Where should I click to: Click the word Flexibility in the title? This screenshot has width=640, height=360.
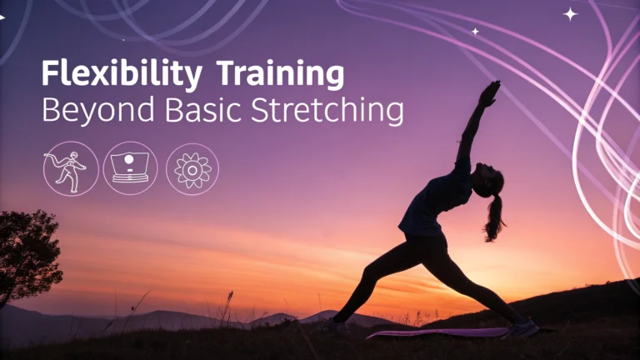(x=122, y=73)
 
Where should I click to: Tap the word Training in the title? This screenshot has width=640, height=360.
(x=280, y=73)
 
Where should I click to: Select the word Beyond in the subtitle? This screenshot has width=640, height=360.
(x=98, y=110)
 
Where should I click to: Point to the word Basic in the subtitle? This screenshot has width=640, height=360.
(x=202, y=109)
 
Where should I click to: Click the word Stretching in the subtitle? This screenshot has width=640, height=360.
(x=327, y=111)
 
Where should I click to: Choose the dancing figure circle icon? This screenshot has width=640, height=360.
(x=71, y=168)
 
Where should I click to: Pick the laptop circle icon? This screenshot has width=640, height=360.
(x=130, y=168)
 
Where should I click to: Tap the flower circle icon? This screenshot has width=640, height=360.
(x=192, y=169)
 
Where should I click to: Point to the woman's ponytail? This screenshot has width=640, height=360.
(x=494, y=218)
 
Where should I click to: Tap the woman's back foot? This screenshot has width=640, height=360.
(x=334, y=327)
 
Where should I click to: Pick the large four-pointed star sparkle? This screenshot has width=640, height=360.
(x=570, y=14)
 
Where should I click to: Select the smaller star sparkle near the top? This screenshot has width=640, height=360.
(x=475, y=32)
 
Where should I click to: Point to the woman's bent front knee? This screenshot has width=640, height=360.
(x=368, y=272)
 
